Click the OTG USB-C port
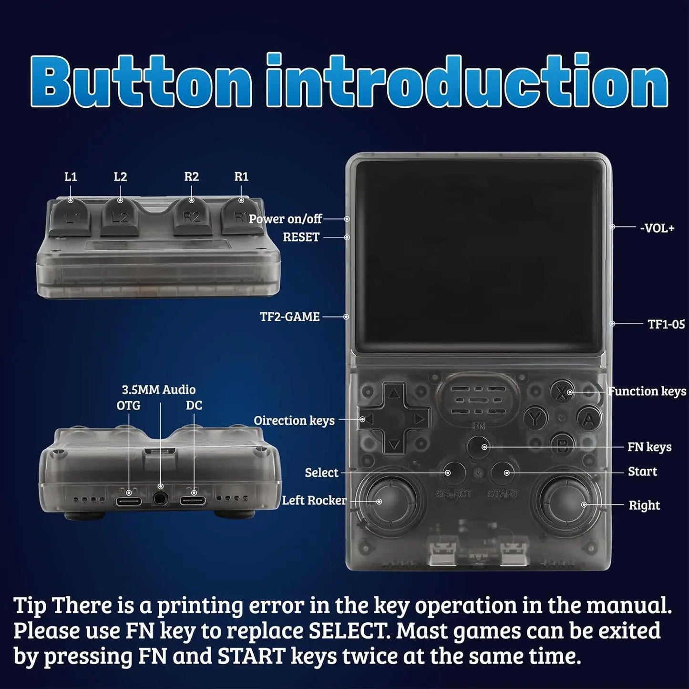pyautogui.click(x=129, y=500)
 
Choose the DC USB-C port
pyautogui.click(x=193, y=500)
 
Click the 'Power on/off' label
pyautogui.click(x=285, y=219)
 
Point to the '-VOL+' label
pyautogui.click(x=657, y=228)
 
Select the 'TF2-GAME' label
pyautogui.click(x=289, y=317)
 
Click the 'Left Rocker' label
pyautogui.click(x=314, y=500)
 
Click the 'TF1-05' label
pyautogui.click(x=666, y=324)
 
